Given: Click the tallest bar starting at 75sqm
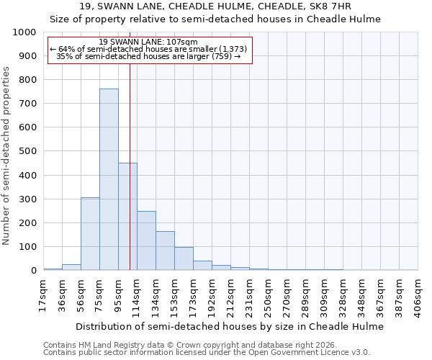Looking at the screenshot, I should coord(109,179).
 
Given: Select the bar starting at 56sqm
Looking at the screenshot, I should coord(90,234).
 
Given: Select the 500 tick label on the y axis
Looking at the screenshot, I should coord(27,151).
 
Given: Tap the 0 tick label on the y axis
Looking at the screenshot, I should coord(33,271).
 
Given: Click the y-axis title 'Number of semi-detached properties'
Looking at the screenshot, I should coord(7,155).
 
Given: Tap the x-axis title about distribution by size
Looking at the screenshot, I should coord(230,326).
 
